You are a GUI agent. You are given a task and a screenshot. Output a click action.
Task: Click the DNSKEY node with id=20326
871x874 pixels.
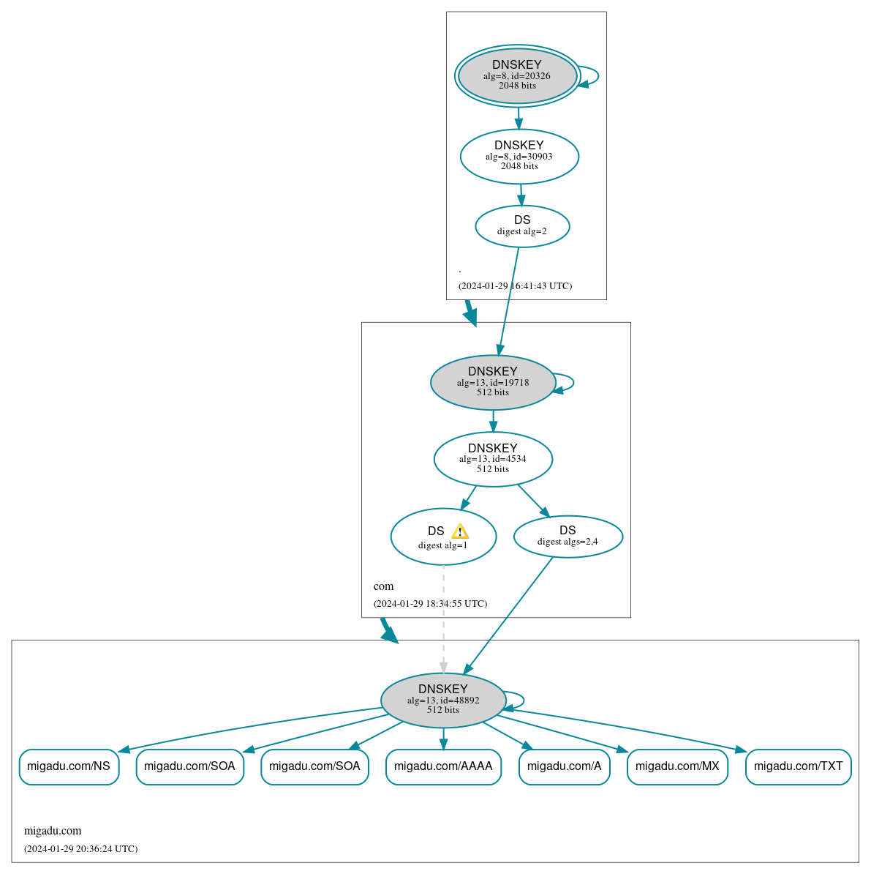[x=517, y=75]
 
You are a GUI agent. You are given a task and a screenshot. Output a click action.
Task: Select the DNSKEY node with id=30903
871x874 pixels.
[x=519, y=156]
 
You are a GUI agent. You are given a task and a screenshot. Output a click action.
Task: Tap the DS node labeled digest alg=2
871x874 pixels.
[x=522, y=226]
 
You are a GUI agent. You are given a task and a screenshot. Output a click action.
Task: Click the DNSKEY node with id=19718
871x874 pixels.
[x=493, y=382]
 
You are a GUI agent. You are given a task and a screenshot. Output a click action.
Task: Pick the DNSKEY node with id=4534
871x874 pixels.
[x=493, y=459]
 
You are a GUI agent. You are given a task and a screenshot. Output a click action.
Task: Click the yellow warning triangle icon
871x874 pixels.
[x=459, y=531]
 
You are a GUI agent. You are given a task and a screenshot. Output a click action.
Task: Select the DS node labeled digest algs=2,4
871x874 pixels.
[x=568, y=537]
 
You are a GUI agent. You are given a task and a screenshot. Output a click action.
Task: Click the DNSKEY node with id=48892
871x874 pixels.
[x=443, y=700]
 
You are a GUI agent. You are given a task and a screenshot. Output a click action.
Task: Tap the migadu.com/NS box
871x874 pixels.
[x=69, y=766]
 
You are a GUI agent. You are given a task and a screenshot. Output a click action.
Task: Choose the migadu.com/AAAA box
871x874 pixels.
[x=443, y=766]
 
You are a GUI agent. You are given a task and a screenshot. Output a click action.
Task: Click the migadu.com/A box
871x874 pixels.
[x=564, y=766]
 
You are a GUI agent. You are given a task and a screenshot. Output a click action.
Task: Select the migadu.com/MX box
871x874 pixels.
[x=677, y=766]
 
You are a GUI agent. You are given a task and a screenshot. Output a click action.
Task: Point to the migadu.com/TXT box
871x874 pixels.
[x=798, y=766]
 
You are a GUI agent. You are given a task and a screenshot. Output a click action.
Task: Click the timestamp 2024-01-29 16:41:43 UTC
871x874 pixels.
[x=515, y=286]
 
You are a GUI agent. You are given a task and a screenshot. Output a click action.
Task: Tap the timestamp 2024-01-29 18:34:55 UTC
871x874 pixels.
[x=430, y=604]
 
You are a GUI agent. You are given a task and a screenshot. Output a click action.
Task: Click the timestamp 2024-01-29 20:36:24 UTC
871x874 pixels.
[x=80, y=849]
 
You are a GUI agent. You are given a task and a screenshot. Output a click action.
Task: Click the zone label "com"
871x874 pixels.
[x=383, y=586]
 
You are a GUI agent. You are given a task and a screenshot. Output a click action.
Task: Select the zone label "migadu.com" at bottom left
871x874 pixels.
[x=53, y=831]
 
